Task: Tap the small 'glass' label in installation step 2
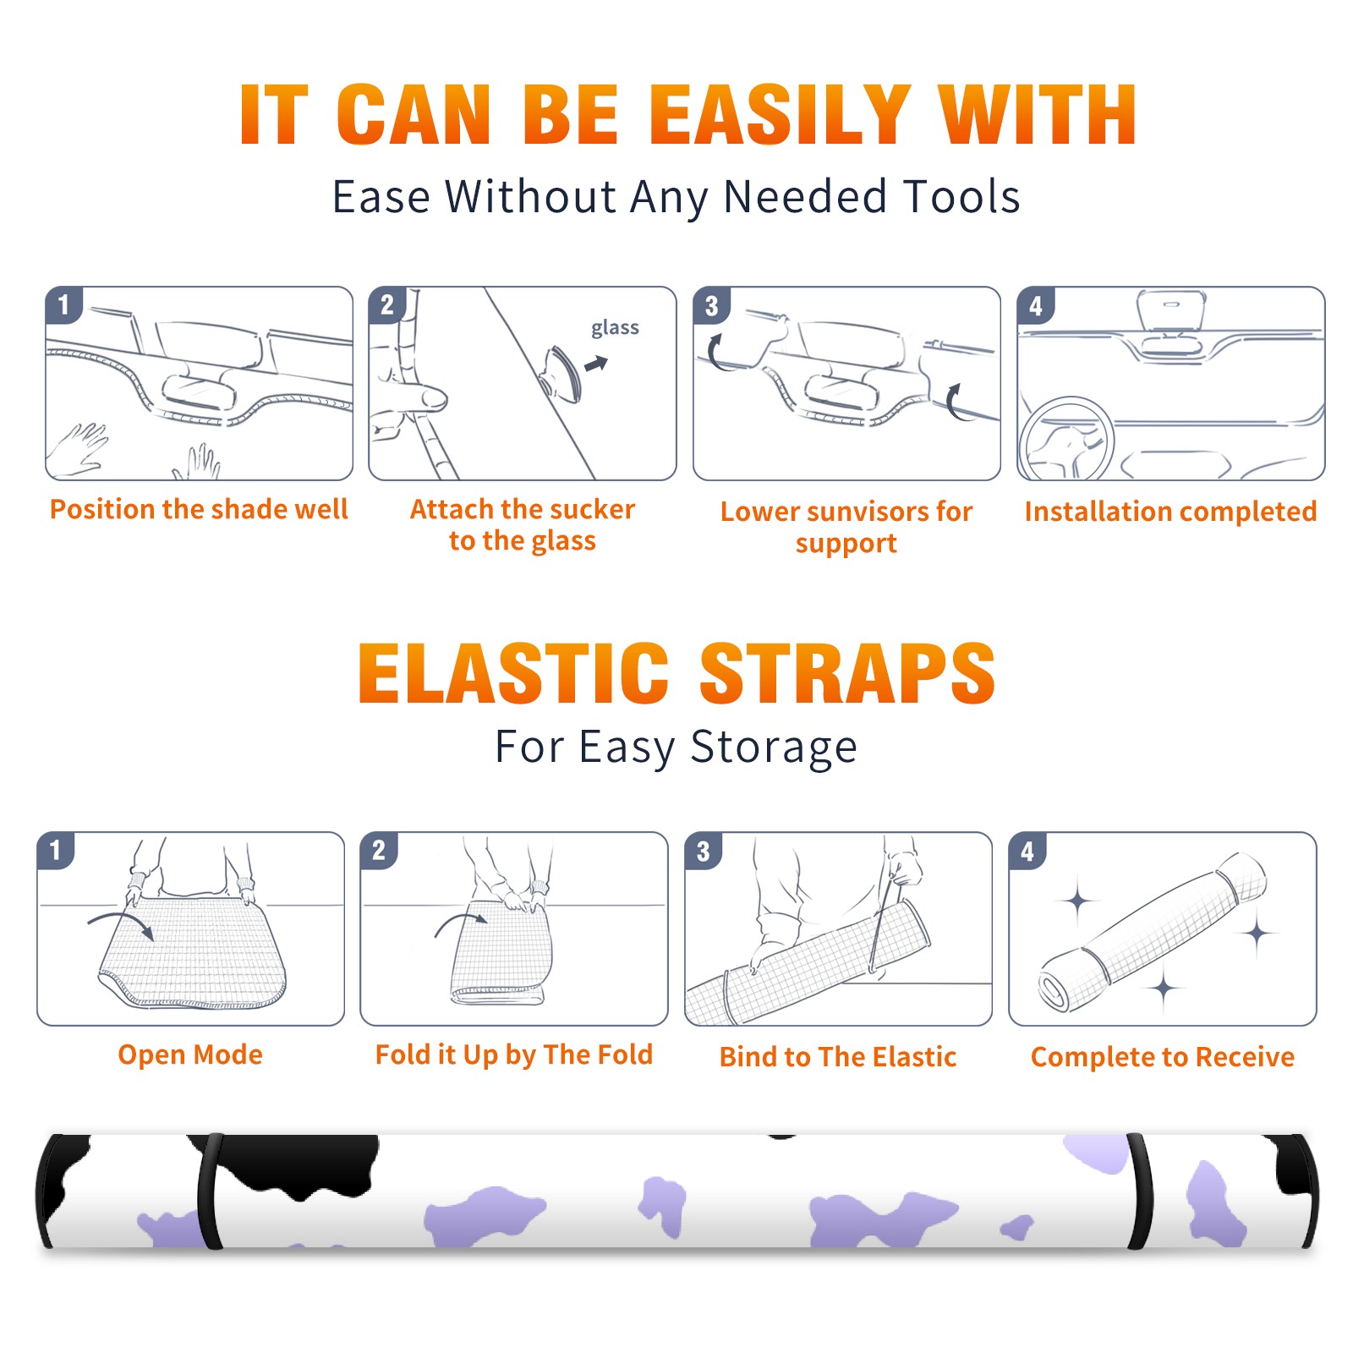pos(615,328)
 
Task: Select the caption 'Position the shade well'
pos(199,509)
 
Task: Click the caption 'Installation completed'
pos(1170,511)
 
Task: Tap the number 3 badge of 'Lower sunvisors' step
pos(711,305)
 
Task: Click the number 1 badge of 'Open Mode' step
pos(56,850)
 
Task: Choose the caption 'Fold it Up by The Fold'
pos(514,1054)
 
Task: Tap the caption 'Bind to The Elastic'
pos(838,1057)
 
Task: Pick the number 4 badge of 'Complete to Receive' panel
pos(1027,851)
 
